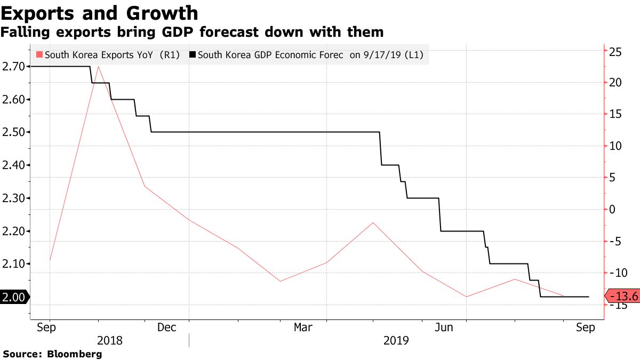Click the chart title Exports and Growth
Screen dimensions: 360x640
pos(99,13)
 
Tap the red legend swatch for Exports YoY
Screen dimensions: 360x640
pos(39,54)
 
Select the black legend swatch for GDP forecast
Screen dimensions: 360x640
pos(193,54)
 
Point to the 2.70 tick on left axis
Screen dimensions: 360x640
pos(13,67)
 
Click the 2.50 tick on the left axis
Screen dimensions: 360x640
pos(13,132)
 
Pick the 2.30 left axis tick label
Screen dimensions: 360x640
pos(13,198)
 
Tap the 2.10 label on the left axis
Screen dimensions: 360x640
pos(13,264)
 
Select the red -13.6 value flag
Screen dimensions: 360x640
pos(622,297)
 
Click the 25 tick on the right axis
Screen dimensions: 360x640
pos(615,52)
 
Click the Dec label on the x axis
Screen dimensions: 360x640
pos(166,327)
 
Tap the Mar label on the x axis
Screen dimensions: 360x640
pos(303,327)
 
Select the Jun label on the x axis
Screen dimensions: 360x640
pos(444,327)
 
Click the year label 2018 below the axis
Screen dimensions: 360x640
pos(110,340)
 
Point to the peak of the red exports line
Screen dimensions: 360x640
pos(98,67)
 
